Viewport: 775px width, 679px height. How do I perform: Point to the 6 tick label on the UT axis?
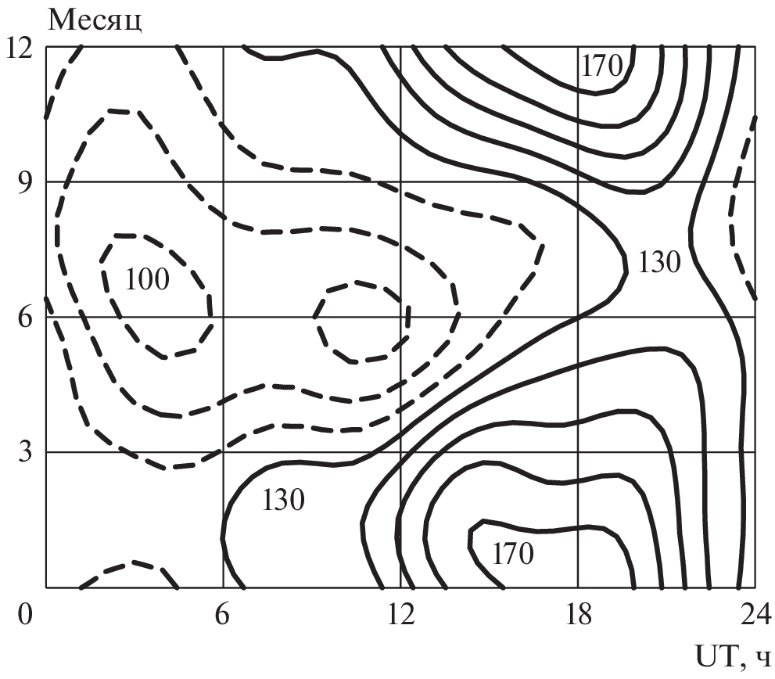222,615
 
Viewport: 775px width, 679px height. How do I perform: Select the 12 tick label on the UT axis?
400,615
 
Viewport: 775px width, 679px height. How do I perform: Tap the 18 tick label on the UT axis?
578,615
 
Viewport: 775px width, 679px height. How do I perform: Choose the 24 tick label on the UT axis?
755,615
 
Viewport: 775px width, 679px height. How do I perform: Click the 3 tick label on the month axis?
26,451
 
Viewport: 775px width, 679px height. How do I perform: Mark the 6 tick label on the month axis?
26,317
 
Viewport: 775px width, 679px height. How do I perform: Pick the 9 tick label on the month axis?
26,181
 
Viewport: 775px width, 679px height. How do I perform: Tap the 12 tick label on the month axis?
19,48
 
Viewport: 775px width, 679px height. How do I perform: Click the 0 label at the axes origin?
25,615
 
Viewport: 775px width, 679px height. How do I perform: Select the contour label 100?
147,279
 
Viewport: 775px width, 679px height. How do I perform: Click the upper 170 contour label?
601,65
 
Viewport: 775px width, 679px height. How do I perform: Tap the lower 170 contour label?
512,553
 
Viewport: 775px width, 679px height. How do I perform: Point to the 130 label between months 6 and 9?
659,261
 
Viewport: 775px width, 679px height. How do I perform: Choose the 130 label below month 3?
283,500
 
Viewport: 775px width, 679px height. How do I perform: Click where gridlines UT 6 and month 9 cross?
224,181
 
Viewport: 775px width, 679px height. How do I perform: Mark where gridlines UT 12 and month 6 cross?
401,317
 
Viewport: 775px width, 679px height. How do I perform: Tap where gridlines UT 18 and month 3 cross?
578,451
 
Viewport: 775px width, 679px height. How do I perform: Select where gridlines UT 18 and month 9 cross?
578,181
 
